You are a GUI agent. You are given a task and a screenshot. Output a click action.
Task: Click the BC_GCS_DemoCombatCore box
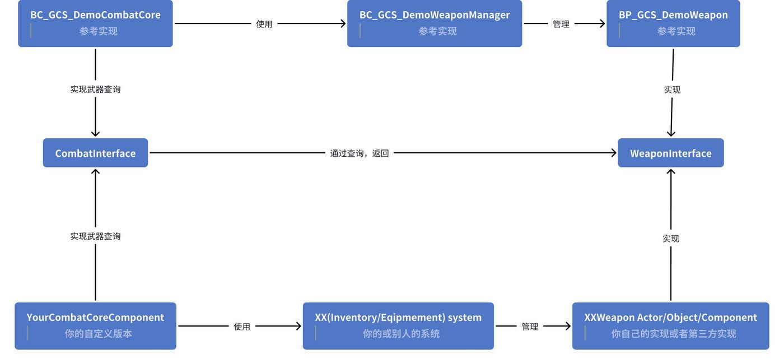coord(95,24)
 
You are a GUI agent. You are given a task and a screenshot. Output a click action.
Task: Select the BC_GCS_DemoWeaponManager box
coord(435,24)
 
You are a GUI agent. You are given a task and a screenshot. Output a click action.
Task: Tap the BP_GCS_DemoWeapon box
coord(673,24)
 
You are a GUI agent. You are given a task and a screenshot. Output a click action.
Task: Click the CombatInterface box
coord(95,152)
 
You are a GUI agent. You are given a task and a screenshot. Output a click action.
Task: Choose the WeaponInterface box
coord(671,152)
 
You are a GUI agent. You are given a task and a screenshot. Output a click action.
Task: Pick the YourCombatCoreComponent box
coord(95,326)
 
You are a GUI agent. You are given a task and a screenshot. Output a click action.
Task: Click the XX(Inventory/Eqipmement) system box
coord(398,326)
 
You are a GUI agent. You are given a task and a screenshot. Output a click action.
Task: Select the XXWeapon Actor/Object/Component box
coord(671,326)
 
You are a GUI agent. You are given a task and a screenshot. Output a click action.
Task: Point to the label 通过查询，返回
coord(360,153)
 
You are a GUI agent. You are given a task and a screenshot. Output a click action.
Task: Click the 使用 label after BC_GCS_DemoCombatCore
coord(264,24)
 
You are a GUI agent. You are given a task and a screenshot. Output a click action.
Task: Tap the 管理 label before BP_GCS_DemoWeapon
coord(561,24)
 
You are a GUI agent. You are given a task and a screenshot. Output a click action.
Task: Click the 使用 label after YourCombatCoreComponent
coord(242,326)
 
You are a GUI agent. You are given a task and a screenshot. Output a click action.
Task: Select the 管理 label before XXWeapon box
coord(530,326)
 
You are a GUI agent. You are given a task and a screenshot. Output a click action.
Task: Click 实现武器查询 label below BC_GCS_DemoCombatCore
coord(95,89)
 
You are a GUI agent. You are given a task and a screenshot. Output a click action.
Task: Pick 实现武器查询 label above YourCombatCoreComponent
coord(95,236)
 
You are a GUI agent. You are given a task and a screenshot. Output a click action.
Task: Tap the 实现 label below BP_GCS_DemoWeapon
coord(672,90)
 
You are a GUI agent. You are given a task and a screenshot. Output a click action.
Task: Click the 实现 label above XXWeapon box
coord(671,239)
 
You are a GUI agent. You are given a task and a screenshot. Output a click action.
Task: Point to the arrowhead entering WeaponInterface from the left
coord(614,152)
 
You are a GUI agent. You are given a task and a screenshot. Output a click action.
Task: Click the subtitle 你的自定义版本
coord(99,334)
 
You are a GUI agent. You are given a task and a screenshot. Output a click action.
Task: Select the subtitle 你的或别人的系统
coord(401,334)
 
